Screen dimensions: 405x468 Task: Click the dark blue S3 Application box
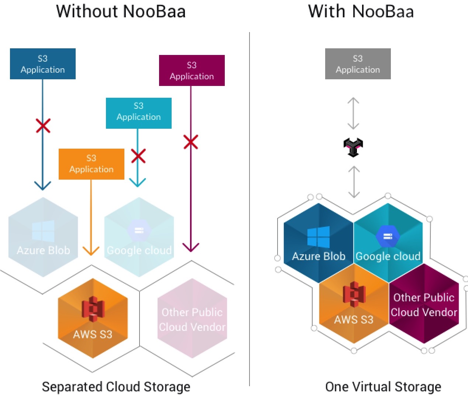pos(43,64)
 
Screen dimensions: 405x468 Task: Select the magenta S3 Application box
pos(192,70)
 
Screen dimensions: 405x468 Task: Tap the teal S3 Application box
pos(138,113)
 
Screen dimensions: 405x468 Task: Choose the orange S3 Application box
pos(91,164)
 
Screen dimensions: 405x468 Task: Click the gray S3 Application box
pos(358,64)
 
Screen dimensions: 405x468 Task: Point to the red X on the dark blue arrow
pos(43,126)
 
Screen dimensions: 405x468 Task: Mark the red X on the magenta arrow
pos(191,142)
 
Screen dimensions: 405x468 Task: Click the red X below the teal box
pos(138,156)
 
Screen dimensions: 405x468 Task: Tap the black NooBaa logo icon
pos(353,147)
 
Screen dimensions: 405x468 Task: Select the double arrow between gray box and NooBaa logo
pos(353,113)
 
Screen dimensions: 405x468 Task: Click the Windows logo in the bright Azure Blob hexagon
pos(319,237)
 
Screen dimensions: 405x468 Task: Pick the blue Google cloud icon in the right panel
pos(388,236)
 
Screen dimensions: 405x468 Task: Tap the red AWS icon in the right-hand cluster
pos(354,294)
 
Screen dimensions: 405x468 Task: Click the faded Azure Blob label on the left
pos(43,250)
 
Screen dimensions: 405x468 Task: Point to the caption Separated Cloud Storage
pos(116,387)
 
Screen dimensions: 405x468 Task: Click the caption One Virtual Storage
pos(383,387)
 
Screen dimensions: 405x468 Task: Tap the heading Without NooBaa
pos(121,11)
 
